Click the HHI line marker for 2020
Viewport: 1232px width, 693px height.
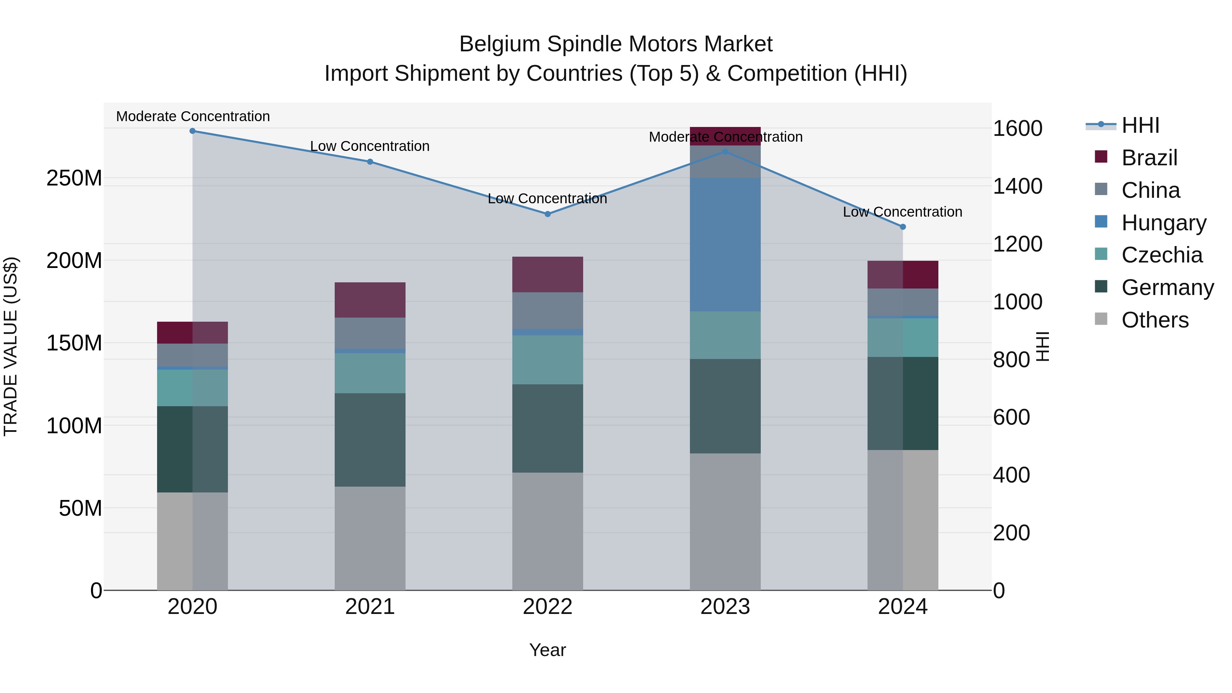point(193,131)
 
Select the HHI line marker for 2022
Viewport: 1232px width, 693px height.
point(548,214)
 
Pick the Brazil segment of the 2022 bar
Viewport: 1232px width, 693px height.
point(548,274)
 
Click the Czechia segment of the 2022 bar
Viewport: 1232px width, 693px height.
point(548,360)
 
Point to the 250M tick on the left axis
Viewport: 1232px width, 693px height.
point(74,178)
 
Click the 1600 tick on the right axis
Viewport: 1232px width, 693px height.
point(1017,129)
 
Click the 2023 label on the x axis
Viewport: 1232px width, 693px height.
point(725,607)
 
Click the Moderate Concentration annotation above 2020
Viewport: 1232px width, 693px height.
point(193,116)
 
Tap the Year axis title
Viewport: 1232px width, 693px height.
point(548,650)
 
